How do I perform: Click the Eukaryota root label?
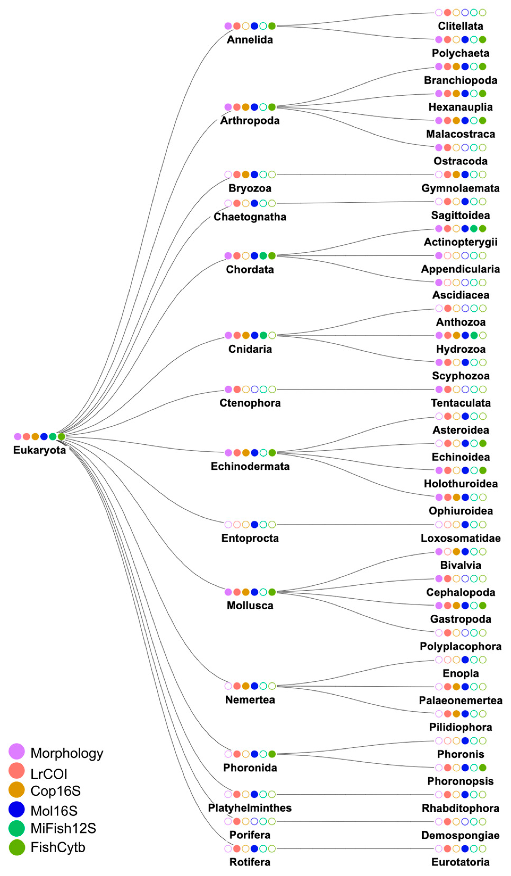pos(39,450)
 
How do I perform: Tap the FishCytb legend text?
pos(58,847)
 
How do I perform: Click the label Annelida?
pos(250,40)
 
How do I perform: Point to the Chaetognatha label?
pos(250,217)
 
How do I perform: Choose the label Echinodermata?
pos(250,466)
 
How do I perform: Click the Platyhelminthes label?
pos(250,808)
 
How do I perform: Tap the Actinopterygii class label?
pos(461,242)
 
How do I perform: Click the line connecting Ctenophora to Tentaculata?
pos(355,389)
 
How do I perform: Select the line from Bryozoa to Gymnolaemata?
pos(355,175)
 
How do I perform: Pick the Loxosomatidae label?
pos(461,538)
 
